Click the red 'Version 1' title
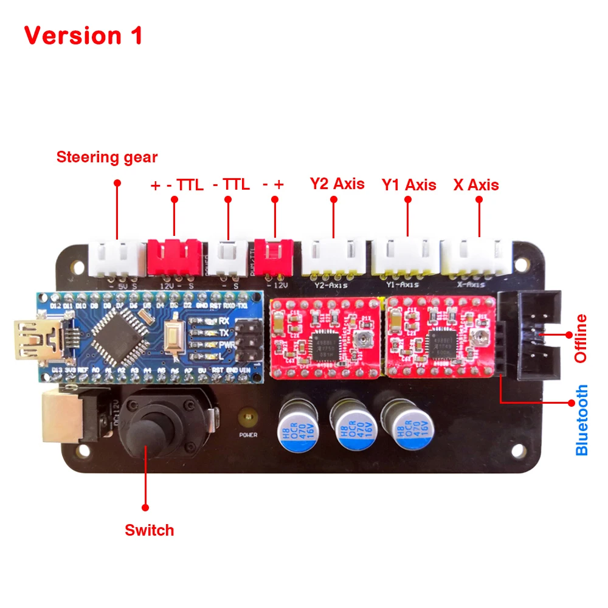(x=83, y=35)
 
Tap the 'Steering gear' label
(x=107, y=157)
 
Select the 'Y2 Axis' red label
(x=337, y=184)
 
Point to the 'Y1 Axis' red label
(x=409, y=185)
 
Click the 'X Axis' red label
(x=476, y=185)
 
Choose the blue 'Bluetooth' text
(x=582, y=420)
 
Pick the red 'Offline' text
(x=581, y=338)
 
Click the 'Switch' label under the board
(x=150, y=530)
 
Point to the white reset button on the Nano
(x=174, y=338)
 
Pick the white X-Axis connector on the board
(x=475, y=257)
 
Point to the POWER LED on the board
(x=247, y=419)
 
